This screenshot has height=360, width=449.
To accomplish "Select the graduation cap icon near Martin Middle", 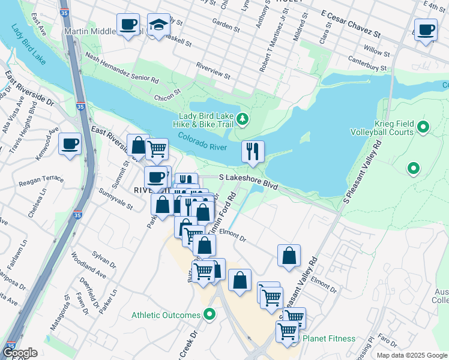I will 158,25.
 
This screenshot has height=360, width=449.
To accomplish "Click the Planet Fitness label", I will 328,338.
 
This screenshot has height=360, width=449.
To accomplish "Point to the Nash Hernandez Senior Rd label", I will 122,67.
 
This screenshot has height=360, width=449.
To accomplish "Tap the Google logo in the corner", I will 19,352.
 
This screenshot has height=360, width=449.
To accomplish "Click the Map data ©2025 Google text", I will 411,355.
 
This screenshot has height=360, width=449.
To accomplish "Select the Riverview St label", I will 214,71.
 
